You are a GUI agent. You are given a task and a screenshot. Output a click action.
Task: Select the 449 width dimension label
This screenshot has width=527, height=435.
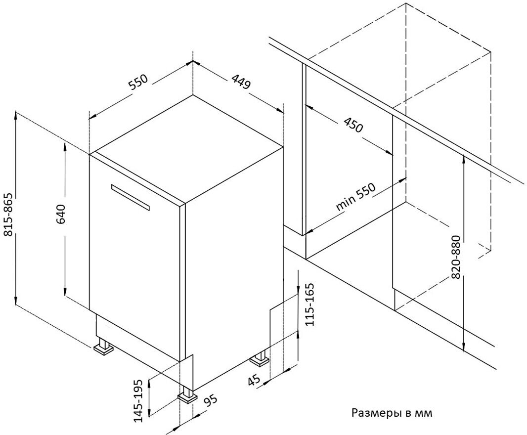click(241, 82)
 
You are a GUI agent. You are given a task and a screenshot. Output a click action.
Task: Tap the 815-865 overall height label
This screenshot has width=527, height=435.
click(7, 215)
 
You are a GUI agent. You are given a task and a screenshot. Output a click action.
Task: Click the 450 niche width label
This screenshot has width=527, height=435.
click(353, 125)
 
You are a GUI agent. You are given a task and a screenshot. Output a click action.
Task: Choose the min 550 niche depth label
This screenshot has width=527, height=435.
click(355, 197)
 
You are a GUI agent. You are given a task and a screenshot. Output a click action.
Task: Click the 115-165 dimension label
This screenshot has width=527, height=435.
click(308, 304)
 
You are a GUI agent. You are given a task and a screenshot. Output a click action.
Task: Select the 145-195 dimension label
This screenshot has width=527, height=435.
click(138, 400)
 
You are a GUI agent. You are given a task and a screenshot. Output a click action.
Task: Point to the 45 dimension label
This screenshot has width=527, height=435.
click(254, 380)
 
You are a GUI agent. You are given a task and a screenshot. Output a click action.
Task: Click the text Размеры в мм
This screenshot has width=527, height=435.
click(392, 412)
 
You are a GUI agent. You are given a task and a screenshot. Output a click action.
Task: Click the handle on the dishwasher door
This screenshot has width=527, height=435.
click(131, 197)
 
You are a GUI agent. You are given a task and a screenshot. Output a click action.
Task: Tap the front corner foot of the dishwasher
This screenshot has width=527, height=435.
click(187, 395)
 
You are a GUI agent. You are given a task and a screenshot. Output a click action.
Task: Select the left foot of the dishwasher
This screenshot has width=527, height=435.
click(103, 347)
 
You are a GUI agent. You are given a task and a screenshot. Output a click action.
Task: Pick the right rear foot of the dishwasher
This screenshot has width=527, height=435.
click(260, 358)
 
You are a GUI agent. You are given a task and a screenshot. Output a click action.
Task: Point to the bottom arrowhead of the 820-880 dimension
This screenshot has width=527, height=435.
click(464, 347)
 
